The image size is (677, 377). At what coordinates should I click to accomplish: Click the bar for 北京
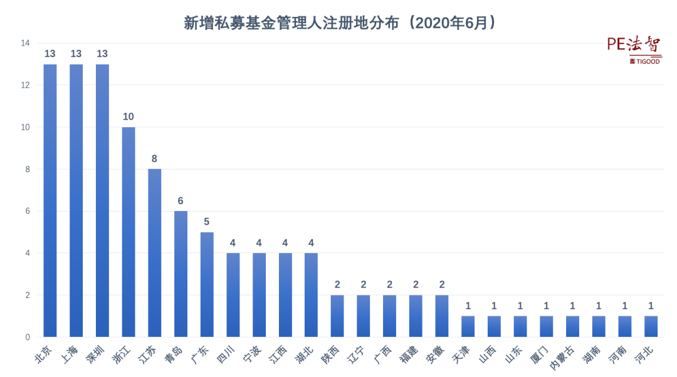pyautogui.click(x=50, y=200)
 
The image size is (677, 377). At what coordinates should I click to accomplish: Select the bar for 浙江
pyautogui.click(x=129, y=232)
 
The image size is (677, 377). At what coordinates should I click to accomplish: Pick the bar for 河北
pyautogui.click(x=651, y=326)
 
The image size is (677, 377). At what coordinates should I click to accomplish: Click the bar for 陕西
pyautogui.click(x=337, y=316)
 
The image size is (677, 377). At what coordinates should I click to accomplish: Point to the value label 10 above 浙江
pyautogui.click(x=129, y=117)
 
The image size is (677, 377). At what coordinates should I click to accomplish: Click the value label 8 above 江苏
pyautogui.click(x=154, y=159)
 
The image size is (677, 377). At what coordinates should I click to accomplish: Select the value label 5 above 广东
pyautogui.click(x=207, y=222)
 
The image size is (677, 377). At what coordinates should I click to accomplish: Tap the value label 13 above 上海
pyautogui.click(x=76, y=54)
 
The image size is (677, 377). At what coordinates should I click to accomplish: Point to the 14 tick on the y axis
pyautogui.click(x=25, y=43)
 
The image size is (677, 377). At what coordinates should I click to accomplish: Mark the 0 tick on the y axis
pyautogui.click(x=28, y=337)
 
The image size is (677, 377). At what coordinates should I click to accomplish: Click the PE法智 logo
pyautogui.click(x=633, y=45)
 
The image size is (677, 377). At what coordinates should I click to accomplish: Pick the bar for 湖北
pyautogui.click(x=311, y=295)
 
